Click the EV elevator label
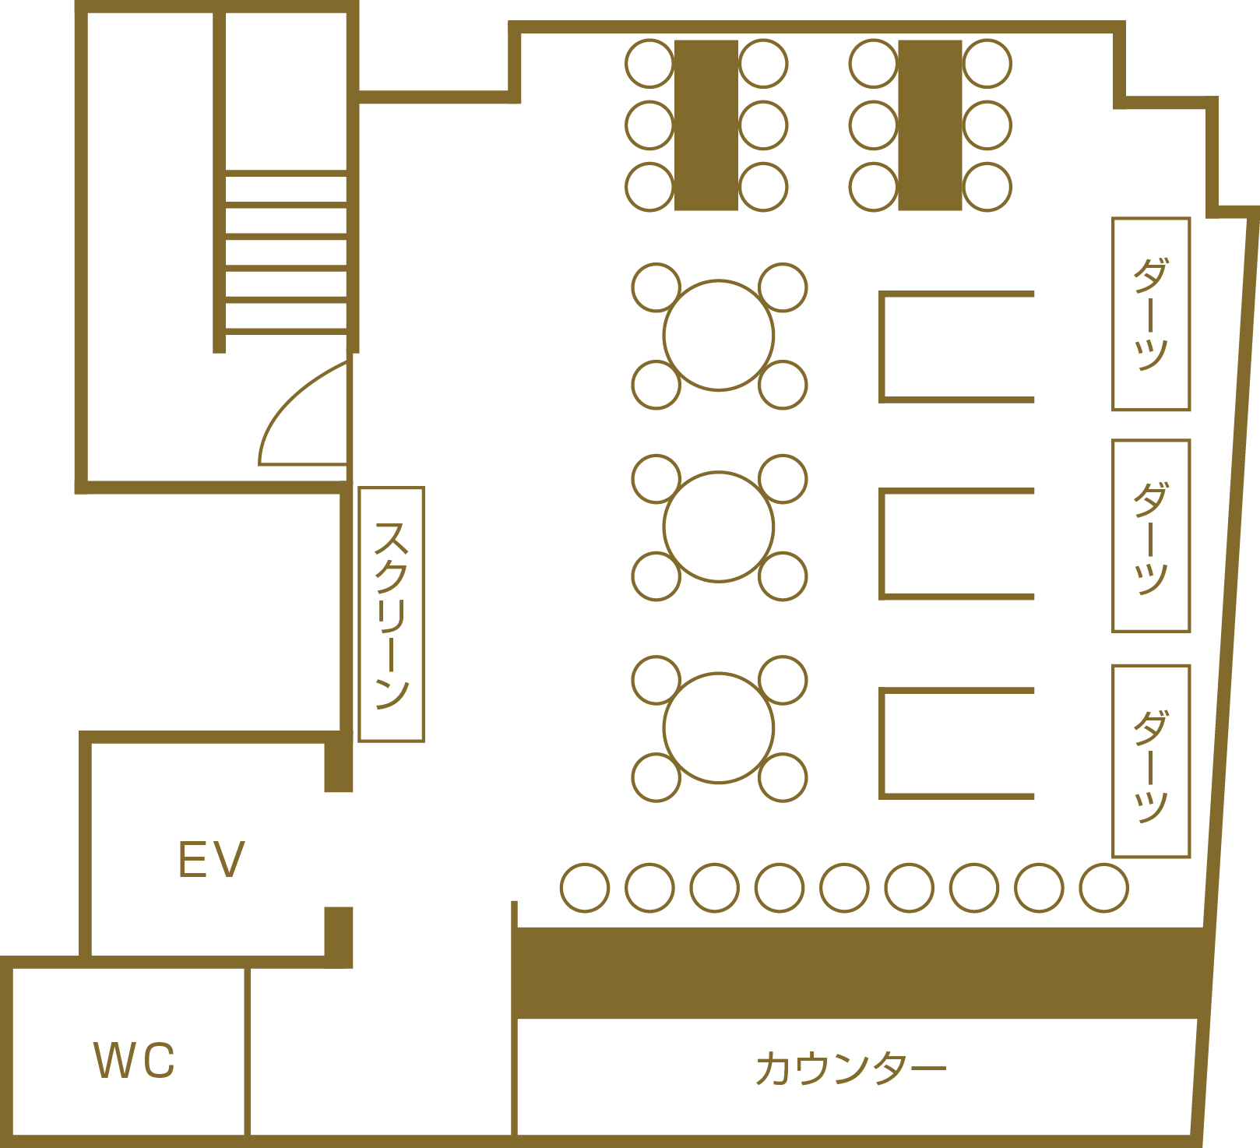point(212,860)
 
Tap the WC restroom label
point(135,1060)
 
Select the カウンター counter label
point(850,1069)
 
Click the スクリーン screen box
point(391,614)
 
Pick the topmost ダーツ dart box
point(1151,314)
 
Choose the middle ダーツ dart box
point(1151,536)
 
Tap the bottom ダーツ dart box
point(1151,761)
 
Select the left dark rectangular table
point(706,125)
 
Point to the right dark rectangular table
point(930,125)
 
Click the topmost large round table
point(719,335)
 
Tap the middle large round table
point(719,526)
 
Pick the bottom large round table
point(719,727)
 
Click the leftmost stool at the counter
point(585,888)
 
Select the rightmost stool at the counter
point(1104,888)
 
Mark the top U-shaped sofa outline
point(882,347)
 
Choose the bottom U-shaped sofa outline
point(882,744)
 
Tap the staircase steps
point(286,252)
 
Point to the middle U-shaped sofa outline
point(882,544)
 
